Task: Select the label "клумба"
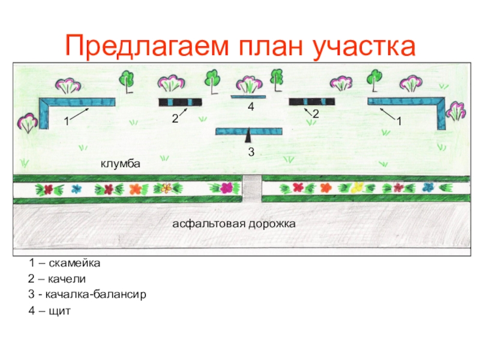120,163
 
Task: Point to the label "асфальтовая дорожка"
235,223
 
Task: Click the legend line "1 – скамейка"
64,263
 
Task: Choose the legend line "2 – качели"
57,279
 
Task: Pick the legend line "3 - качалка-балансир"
87,295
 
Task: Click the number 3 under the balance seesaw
251,153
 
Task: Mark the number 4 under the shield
251,107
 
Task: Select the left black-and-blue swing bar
180,102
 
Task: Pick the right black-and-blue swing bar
311,101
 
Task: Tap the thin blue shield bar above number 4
248,96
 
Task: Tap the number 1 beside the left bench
66,121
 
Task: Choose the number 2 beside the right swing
315,113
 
